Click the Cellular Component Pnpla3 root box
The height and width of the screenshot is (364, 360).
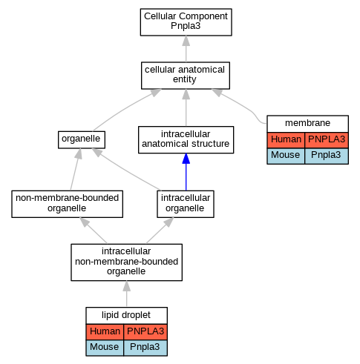point(186,22)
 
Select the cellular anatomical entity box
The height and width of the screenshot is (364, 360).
point(186,76)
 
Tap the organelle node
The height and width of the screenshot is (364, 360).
point(82,140)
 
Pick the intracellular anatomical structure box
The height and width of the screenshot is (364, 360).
point(186,140)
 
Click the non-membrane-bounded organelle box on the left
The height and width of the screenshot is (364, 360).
point(67,204)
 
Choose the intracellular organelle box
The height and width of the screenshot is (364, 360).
point(186,204)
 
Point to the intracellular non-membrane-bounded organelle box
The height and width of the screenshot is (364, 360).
point(126,262)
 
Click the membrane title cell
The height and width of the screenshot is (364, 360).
point(307,124)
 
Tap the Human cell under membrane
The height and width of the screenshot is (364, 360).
point(286,140)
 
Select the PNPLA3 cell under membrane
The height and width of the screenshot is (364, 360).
point(327,140)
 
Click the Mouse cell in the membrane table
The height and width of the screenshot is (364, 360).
point(286,156)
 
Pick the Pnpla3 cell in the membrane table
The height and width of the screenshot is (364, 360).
point(327,156)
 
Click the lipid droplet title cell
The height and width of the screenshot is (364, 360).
point(126,316)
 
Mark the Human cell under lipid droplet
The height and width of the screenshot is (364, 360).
point(105,332)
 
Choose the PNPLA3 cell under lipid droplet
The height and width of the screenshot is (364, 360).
point(145,332)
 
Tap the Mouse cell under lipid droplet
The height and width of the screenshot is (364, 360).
point(105,348)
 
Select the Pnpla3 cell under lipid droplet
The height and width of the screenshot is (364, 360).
point(145,348)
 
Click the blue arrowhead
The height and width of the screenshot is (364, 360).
point(186,159)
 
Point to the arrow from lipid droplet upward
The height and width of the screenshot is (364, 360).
point(127,294)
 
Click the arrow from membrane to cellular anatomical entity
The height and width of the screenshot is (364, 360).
point(243,107)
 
